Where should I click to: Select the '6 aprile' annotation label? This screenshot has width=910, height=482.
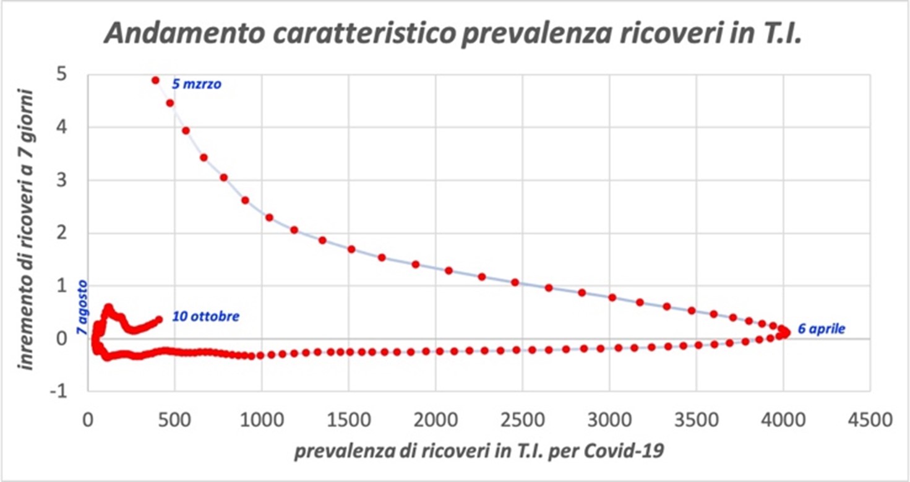pos(821,329)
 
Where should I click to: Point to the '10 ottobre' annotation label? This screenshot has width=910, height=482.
pos(205,317)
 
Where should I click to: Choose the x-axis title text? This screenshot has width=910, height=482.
pos(479,452)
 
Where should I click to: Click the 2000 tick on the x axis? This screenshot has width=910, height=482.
pos(436,421)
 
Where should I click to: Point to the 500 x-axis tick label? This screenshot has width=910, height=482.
pos(175,421)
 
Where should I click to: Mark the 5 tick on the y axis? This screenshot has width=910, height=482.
pos(64,74)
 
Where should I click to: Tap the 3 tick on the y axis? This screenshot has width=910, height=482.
pos(64,180)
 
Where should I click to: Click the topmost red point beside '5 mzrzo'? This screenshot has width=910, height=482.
pos(155,80)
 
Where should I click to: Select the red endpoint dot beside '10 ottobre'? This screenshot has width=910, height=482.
pos(159,319)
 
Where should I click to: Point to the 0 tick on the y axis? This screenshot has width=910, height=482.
pos(64,338)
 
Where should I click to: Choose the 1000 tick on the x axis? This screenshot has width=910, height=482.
pos(262,421)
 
